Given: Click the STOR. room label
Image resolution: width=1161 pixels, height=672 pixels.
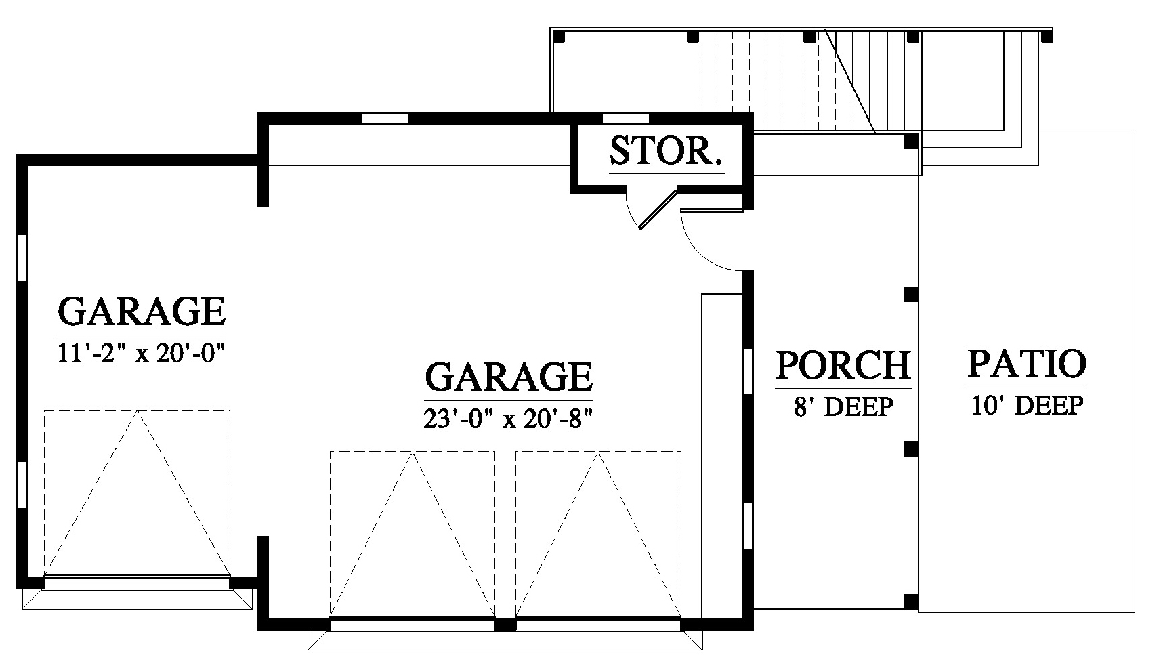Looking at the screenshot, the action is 666,152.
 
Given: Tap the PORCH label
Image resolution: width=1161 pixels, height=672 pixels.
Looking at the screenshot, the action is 843,365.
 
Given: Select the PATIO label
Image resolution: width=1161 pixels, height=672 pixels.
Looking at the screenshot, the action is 1027,364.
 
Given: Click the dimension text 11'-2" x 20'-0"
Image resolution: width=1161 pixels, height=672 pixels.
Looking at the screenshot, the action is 141,354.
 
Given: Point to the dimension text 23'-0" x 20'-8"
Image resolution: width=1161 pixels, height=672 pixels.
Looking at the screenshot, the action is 508,419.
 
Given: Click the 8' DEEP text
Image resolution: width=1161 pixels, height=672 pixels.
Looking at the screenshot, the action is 843,406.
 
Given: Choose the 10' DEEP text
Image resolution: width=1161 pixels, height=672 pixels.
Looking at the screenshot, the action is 1027,405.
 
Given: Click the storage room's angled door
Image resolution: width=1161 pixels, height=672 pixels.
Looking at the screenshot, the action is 658,209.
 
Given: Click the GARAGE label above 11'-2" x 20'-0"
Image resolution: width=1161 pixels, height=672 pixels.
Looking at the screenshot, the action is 141,311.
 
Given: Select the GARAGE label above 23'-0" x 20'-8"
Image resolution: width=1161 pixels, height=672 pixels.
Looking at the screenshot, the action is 509,377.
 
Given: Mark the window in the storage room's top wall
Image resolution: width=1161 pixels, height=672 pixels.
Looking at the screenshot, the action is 626,119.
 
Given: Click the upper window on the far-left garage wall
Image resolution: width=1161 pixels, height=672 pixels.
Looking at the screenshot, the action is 22,258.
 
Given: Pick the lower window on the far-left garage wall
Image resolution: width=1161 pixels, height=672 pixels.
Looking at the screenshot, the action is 22,484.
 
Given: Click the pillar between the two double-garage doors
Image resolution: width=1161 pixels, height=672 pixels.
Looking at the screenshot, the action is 505,625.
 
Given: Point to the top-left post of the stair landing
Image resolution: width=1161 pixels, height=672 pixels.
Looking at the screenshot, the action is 559,37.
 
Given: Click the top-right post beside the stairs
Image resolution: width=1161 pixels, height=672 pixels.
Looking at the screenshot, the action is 1047,37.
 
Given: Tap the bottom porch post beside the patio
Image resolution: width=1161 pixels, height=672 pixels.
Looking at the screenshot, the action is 911,602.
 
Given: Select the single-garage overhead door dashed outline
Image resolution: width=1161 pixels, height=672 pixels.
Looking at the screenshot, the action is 138,492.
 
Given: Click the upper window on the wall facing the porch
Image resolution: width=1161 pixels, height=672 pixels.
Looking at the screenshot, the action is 748,371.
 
